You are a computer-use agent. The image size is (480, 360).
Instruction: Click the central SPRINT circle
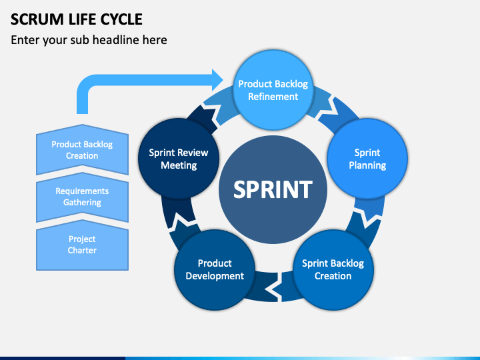[273, 190]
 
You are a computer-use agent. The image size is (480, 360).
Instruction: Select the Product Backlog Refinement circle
[273, 90]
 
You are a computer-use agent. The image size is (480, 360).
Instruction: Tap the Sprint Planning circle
[367, 159]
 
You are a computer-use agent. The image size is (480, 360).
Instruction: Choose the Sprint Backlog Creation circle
[333, 270]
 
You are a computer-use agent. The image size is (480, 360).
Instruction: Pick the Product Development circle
[215, 270]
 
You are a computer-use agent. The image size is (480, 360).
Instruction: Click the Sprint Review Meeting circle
[179, 159]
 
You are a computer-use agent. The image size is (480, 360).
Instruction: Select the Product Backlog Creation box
[82, 150]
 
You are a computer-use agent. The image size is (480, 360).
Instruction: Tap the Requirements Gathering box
[82, 197]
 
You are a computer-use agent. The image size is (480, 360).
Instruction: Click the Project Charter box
[82, 245]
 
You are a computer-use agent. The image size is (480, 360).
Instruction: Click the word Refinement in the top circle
[273, 97]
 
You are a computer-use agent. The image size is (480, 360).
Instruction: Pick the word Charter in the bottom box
[82, 251]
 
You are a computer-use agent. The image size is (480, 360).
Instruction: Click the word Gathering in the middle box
[82, 203]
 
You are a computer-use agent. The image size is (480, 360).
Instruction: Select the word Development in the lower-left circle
[215, 276]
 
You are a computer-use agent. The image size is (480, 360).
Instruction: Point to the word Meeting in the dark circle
[179, 165]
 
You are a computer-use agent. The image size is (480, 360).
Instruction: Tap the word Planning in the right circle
[367, 165]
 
